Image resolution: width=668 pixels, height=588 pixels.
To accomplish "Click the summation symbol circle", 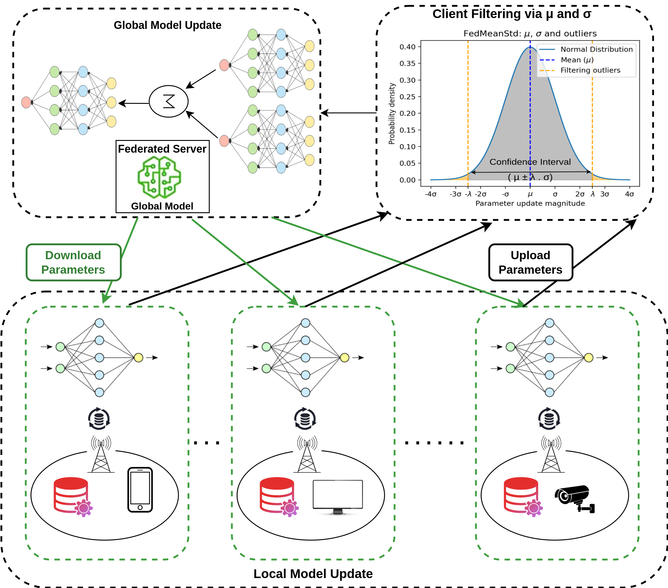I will click(x=169, y=101).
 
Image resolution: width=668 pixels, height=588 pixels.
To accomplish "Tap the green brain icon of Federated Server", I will click(x=159, y=177).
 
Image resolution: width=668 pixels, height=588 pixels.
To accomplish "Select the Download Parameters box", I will click(x=74, y=262).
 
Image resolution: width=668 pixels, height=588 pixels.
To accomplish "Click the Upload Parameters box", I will click(x=530, y=262).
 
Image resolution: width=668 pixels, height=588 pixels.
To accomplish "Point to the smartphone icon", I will click(x=140, y=490).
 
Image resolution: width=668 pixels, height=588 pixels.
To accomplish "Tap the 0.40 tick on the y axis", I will click(x=408, y=47).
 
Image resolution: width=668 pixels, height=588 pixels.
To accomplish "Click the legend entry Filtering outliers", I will click(x=590, y=70).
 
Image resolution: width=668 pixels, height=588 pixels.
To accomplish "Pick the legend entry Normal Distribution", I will click(x=596, y=49).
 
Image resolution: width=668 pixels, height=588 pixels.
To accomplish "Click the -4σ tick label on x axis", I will click(x=430, y=194).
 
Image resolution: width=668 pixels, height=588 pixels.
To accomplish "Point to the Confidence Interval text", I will click(x=530, y=162).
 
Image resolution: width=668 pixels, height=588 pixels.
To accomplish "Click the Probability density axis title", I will click(x=391, y=114).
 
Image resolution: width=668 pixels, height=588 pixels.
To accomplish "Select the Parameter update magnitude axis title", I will click(x=530, y=204).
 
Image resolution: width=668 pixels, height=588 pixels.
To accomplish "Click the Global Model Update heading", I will click(x=167, y=25).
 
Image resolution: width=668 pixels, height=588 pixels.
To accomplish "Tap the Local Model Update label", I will click(x=313, y=574).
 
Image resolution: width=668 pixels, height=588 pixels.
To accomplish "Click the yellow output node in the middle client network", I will click(x=344, y=357).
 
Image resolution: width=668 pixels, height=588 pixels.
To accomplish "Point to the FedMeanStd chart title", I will click(x=530, y=34).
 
